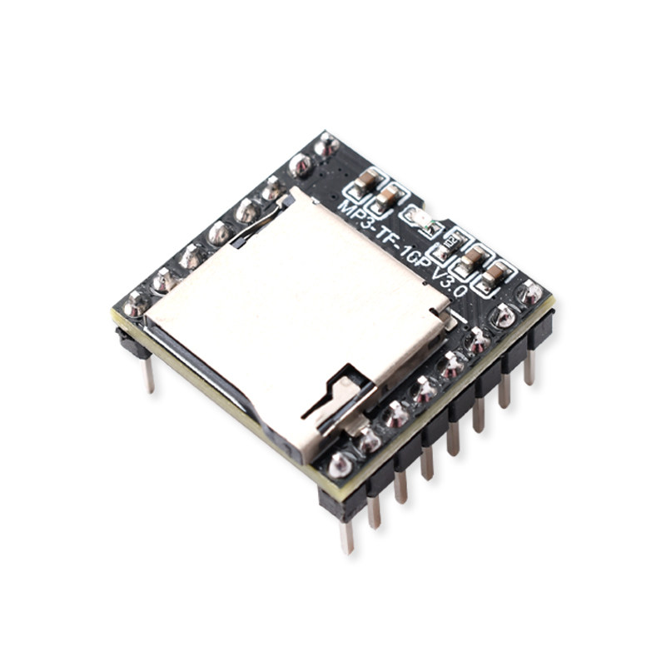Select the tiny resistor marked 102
pos(450,243)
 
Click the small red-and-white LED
pos(421,221)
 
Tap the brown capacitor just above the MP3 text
pos(387,197)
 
